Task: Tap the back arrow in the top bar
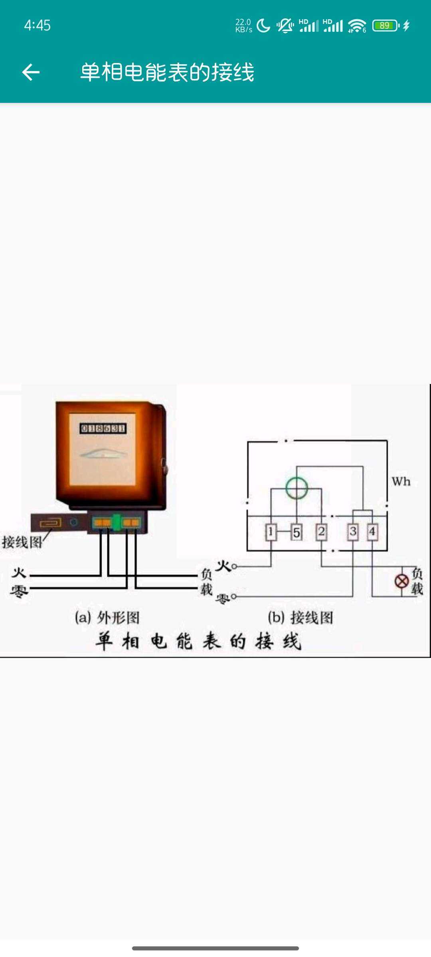pyautogui.click(x=31, y=72)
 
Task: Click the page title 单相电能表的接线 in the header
pyautogui.click(x=167, y=72)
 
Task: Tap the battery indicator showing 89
pyautogui.click(x=385, y=26)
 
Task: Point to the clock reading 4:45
pyautogui.click(x=37, y=26)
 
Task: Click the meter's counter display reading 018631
pyautogui.click(x=103, y=429)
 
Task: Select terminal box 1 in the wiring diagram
pyautogui.click(x=271, y=532)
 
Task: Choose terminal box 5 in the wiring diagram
pyautogui.click(x=296, y=532)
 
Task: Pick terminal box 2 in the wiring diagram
pyautogui.click(x=321, y=532)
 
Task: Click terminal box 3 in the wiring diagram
pyautogui.click(x=353, y=532)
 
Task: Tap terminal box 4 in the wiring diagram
pyautogui.click(x=372, y=532)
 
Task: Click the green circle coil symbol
pyautogui.click(x=297, y=488)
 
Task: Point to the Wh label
pyautogui.click(x=401, y=482)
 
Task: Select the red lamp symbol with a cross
pyautogui.click(x=401, y=581)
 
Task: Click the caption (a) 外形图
pyautogui.click(x=107, y=618)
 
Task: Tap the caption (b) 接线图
pyautogui.click(x=301, y=618)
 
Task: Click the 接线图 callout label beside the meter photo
pyautogui.click(x=22, y=542)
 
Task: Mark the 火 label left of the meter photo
pyautogui.click(x=19, y=573)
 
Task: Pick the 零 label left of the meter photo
pyautogui.click(x=19, y=591)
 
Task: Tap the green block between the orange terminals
pyautogui.click(x=116, y=522)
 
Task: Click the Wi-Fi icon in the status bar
pyautogui.click(x=356, y=26)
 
